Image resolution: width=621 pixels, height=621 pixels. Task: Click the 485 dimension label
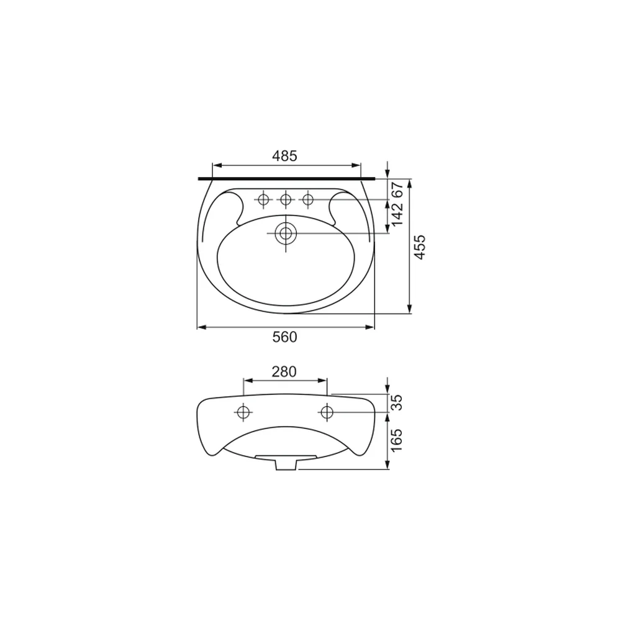coord(284,156)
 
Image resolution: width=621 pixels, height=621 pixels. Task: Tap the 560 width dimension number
coord(285,337)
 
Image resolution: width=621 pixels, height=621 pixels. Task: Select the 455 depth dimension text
coord(419,247)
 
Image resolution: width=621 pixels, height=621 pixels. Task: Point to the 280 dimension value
coord(284,371)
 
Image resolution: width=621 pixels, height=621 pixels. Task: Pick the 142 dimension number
coord(397,214)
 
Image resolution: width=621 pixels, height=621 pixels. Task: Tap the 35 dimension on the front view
coord(396,402)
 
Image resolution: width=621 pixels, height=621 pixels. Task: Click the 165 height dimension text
coord(396,440)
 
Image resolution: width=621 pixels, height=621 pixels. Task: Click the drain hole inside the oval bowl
coord(286,233)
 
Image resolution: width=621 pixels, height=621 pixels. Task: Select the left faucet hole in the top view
coord(263,199)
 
